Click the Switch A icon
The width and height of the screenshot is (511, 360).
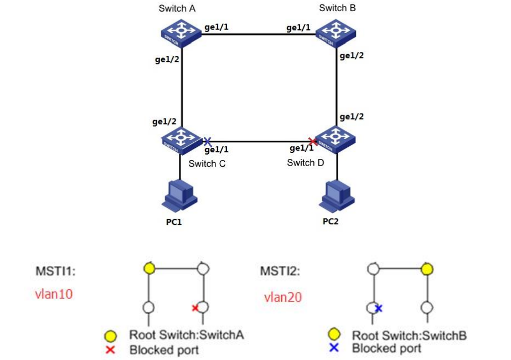click(x=180, y=32)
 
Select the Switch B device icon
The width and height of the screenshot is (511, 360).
click(x=336, y=32)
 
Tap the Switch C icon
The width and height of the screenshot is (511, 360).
click(x=180, y=138)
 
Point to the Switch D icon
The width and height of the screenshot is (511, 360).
click(x=336, y=138)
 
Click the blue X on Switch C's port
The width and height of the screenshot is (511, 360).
click(x=208, y=142)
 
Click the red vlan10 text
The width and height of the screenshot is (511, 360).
click(x=54, y=294)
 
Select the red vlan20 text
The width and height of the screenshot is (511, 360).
click(x=282, y=297)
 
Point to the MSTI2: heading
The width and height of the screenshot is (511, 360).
click(x=281, y=271)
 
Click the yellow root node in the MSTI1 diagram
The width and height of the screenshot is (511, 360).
click(x=148, y=269)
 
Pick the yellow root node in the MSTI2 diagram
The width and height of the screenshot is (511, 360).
click(x=426, y=269)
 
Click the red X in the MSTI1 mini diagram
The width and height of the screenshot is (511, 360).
click(x=195, y=308)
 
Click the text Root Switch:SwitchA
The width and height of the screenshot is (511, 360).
click(x=187, y=335)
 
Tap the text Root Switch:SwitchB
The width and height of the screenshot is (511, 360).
click(x=409, y=335)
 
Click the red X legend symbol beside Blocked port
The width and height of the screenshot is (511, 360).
click(x=110, y=349)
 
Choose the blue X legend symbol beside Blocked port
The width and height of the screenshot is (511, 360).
click(x=334, y=348)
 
